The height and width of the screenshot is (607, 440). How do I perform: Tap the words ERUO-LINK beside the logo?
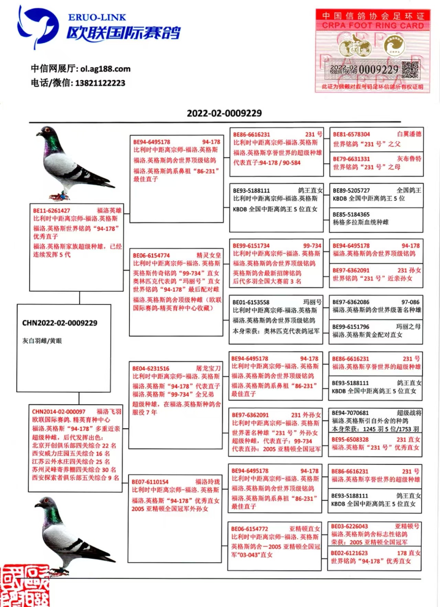click(97, 17)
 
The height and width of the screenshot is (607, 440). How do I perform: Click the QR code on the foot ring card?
click(410, 70)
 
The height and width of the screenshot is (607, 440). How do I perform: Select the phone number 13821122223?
click(100, 83)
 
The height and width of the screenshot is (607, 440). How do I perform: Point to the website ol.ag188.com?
click(106, 69)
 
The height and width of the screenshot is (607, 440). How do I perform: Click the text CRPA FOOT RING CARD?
click(373, 25)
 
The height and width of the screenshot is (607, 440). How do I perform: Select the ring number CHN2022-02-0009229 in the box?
click(60, 323)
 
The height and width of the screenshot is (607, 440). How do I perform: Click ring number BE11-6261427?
click(52, 211)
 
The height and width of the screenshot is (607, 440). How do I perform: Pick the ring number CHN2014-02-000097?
click(59, 412)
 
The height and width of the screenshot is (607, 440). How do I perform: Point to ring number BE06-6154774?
click(152, 256)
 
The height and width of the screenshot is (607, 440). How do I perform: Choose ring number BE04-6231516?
click(151, 369)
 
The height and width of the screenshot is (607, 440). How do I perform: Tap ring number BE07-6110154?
click(150, 482)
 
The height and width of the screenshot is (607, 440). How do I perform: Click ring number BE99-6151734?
click(251, 246)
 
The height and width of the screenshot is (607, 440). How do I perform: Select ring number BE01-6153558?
click(251, 302)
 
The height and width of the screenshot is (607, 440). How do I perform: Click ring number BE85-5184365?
click(351, 214)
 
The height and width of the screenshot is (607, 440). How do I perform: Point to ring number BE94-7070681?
click(350, 413)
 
